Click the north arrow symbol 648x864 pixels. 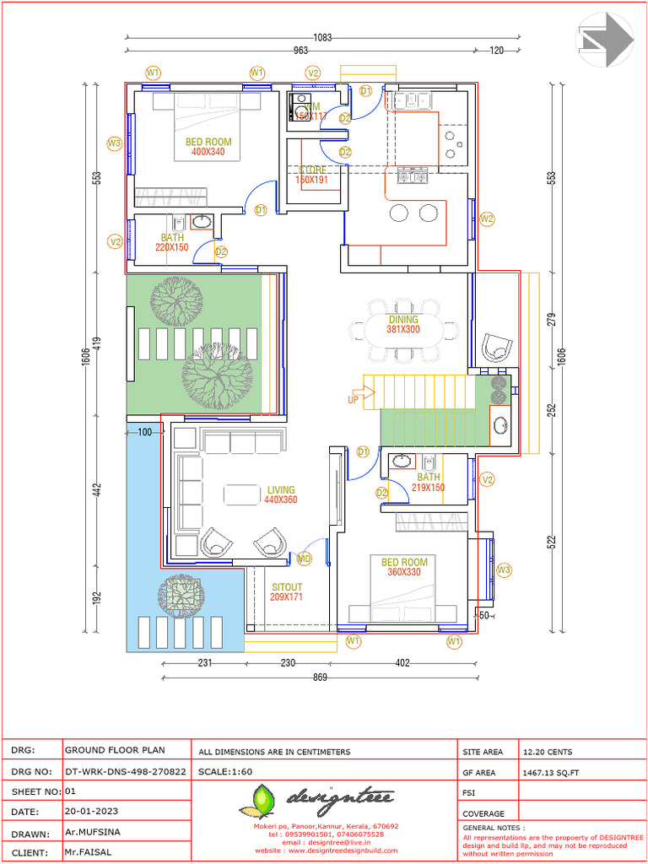tap(606, 40)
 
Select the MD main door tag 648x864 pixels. tap(304, 559)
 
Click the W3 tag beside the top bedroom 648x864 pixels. tap(114, 143)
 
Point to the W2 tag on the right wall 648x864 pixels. tap(487, 219)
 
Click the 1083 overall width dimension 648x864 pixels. tap(321, 37)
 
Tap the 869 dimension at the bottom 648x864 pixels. tap(321, 677)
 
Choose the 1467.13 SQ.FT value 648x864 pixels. tap(551, 772)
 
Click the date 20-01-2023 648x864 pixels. tap(91, 812)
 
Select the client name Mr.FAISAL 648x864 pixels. tap(88, 851)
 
